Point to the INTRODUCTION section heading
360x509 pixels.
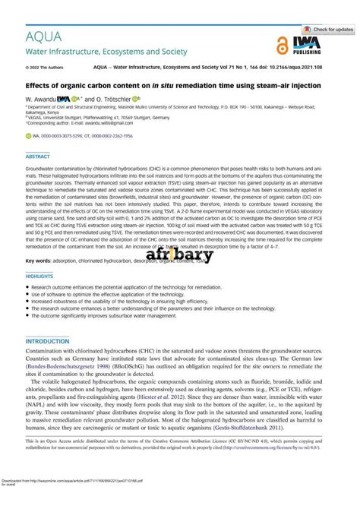click(x=48, y=342)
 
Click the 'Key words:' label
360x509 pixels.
click(x=39, y=261)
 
